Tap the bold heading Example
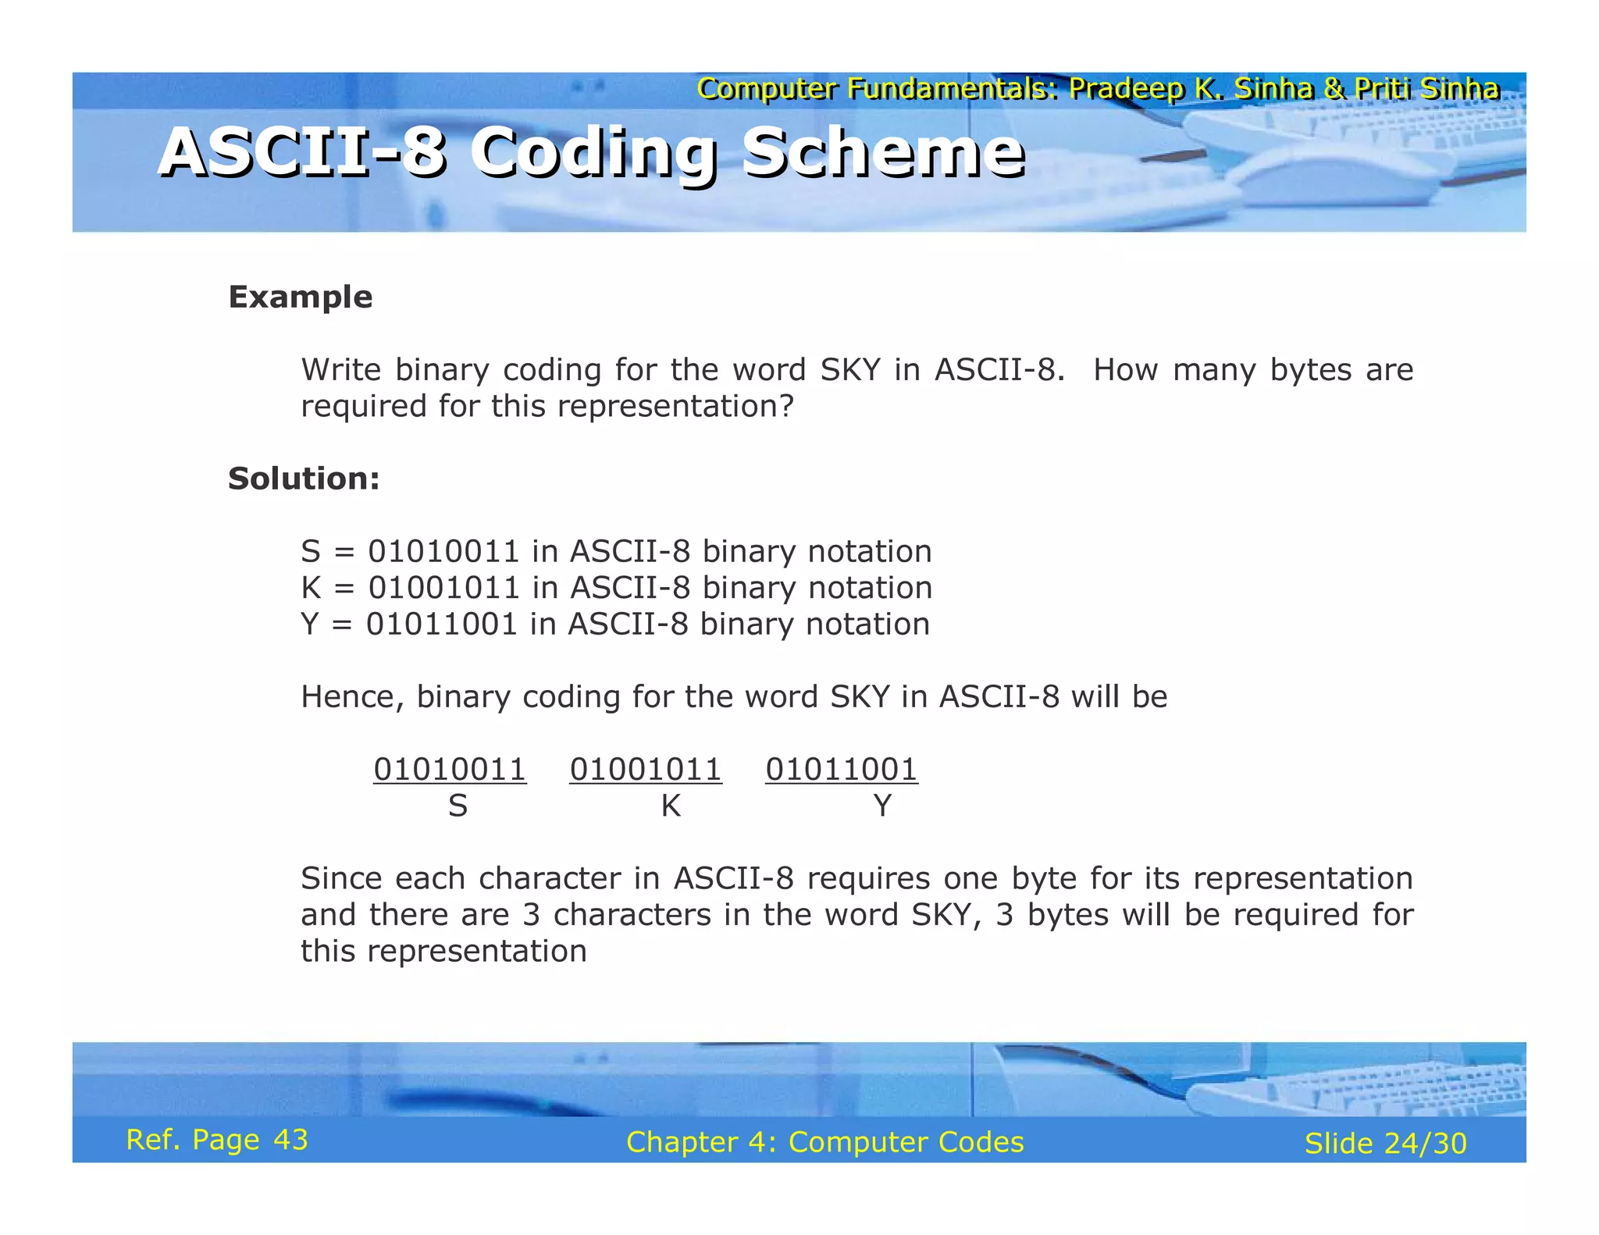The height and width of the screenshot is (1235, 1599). tap(300, 297)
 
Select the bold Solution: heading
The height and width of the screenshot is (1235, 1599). tap(304, 479)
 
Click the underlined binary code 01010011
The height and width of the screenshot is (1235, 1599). tap(450, 770)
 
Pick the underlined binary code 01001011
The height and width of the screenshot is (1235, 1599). tap(646, 770)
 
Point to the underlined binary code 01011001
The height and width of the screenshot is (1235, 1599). tap(842, 770)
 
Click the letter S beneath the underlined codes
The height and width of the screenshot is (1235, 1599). tap(458, 806)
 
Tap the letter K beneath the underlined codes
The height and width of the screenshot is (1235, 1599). tap(671, 806)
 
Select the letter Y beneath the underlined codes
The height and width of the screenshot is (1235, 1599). tap(882, 806)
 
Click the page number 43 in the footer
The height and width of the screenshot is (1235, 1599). tap(290, 1140)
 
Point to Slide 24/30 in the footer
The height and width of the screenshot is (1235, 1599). tap(1386, 1144)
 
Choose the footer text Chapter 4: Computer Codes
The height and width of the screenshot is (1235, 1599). tap(824, 1142)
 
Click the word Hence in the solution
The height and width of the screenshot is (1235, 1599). tap(351, 697)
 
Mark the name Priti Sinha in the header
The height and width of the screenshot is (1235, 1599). tap(1426, 89)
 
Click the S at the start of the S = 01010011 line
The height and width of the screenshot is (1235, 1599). tap(311, 552)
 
